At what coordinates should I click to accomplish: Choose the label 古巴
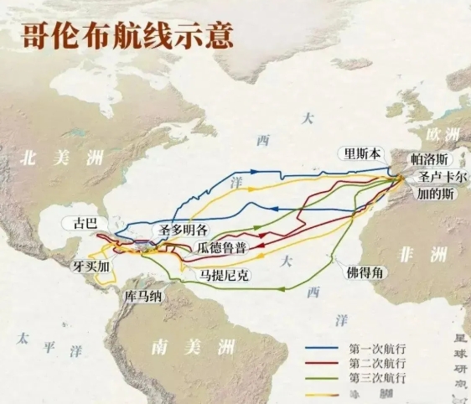[85, 223]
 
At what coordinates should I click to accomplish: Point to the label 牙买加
[91, 266]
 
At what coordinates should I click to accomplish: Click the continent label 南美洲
[182, 344]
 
